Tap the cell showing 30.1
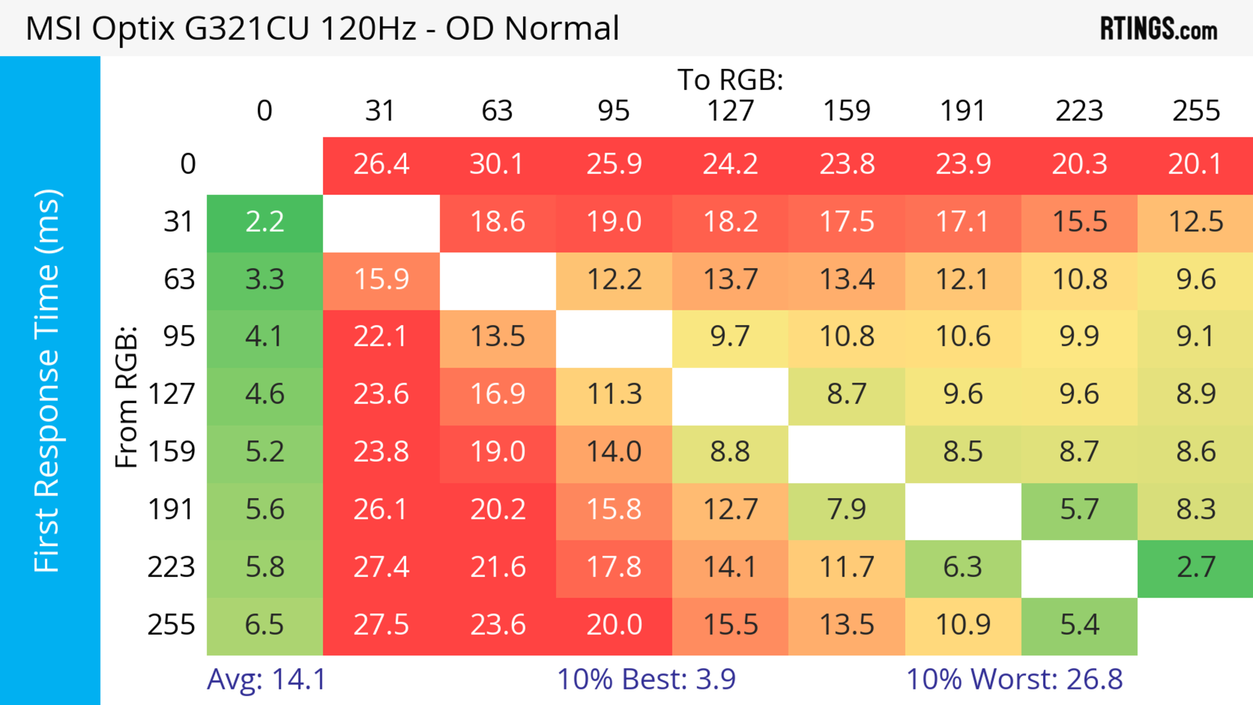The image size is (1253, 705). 497,164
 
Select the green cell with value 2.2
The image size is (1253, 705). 265,222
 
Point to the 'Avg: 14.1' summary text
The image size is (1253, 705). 266,679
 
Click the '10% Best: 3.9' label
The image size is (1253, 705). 646,679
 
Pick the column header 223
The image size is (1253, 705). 1079,111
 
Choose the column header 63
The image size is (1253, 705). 497,111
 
